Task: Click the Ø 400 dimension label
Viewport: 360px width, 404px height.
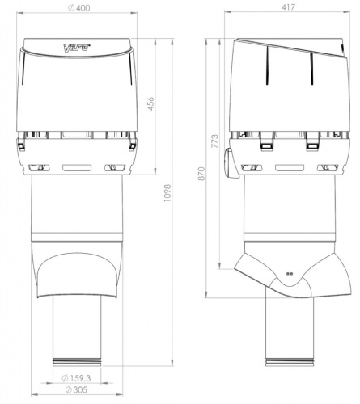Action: point(78,8)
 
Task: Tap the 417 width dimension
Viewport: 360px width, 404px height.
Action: point(288,7)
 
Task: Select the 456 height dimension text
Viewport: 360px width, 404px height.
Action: point(150,103)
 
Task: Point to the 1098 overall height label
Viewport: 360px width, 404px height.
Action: point(167,193)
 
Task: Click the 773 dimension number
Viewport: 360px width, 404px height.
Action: point(215,141)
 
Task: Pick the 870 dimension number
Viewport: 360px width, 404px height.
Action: point(202,174)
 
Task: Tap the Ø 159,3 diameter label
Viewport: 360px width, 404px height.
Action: point(76,378)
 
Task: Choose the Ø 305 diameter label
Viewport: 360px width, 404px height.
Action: point(77,389)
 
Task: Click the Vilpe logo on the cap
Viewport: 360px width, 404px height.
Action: point(77,48)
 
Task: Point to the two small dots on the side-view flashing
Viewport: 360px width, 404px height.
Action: point(290,274)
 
